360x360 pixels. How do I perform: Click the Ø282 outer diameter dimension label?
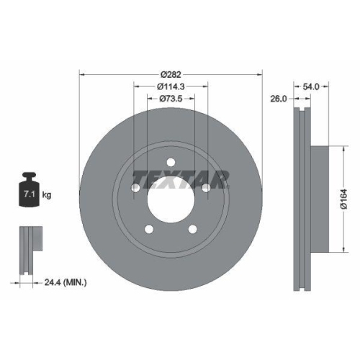click(x=171, y=74)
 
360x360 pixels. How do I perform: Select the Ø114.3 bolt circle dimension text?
click(x=171, y=86)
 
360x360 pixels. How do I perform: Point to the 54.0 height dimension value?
click(x=312, y=86)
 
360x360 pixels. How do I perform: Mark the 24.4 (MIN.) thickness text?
click(x=66, y=283)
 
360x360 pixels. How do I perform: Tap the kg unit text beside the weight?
click(x=47, y=194)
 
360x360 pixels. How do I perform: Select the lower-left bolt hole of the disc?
click(x=149, y=230)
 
